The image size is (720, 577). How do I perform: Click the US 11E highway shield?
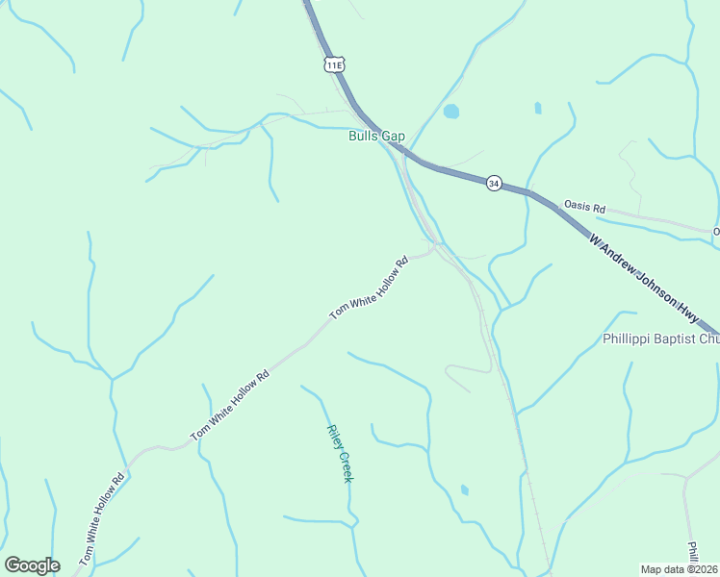click(x=334, y=64)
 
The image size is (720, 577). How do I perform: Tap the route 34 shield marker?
click(x=494, y=183)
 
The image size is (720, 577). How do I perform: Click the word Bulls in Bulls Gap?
click(x=364, y=137)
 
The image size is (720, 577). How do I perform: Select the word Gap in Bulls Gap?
click(x=394, y=137)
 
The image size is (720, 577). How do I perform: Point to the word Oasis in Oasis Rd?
click(x=577, y=207)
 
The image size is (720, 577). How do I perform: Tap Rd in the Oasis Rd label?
click(x=599, y=208)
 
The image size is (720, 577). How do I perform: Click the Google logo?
click(x=32, y=565)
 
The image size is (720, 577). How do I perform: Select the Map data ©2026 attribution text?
click(x=679, y=569)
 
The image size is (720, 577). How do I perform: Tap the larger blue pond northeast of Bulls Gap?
click(x=450, y=112)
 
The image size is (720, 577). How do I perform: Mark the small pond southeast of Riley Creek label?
click(x=465, y=490)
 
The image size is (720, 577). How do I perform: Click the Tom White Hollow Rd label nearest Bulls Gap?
click(x=369, y=288)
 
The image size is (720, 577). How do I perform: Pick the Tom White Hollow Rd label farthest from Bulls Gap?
click(x=103, y=517)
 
